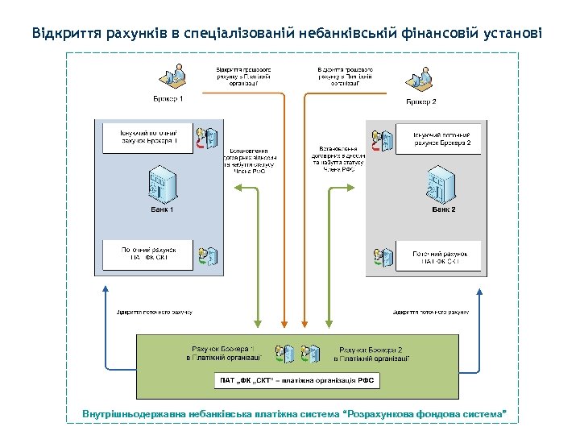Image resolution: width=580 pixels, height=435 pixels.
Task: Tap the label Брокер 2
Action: tap(420, 102)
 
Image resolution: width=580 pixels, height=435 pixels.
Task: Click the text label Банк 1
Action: tap(162, 209)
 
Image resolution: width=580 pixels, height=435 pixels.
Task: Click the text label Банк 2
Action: tap(443, 209)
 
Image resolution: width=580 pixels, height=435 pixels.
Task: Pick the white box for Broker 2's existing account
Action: tap(441, 138)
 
